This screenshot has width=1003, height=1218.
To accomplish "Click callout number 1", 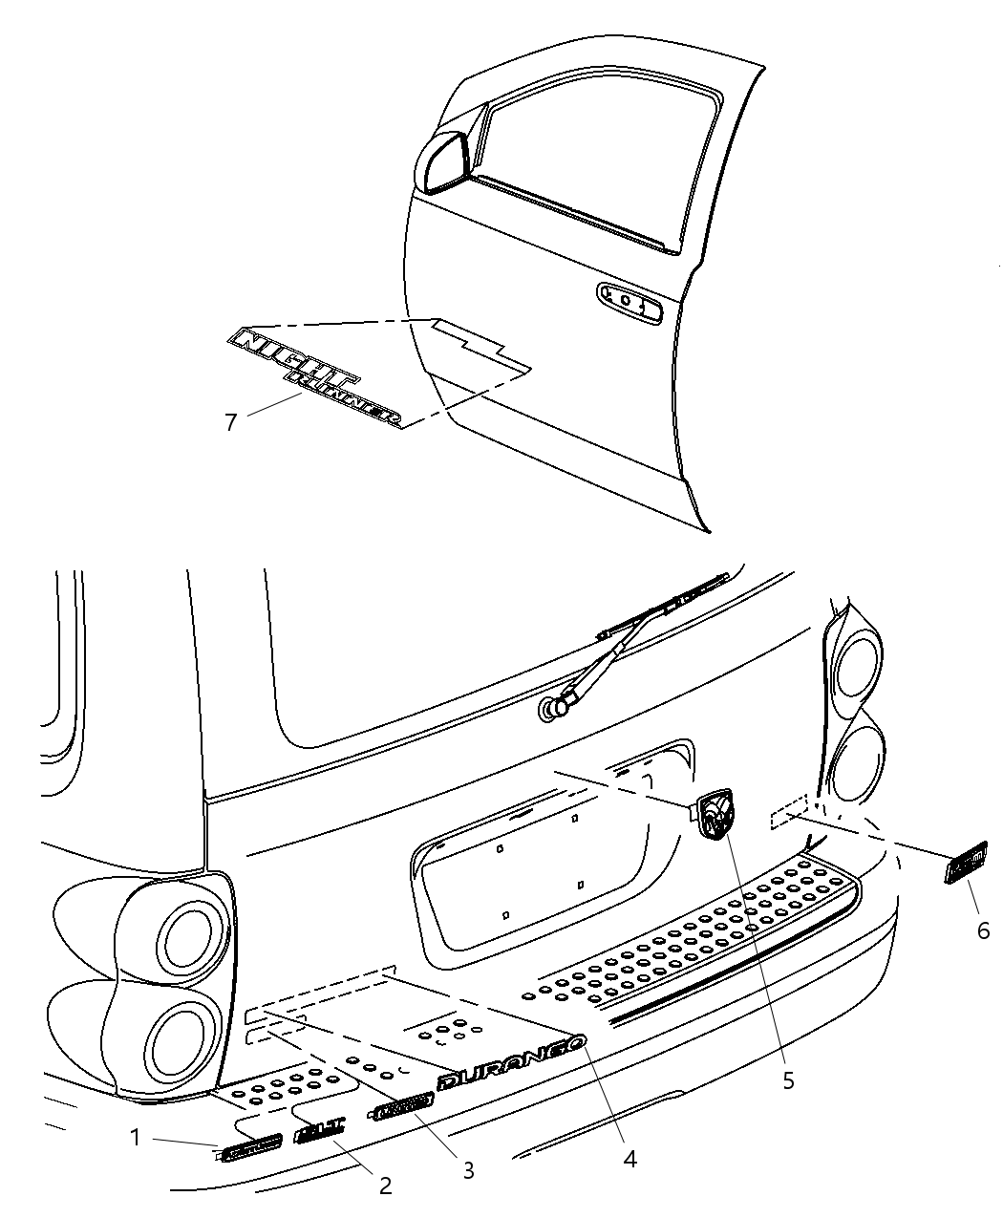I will click(136, 1138).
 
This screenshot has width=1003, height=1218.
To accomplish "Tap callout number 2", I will click(385, 1186).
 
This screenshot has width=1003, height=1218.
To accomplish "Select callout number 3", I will click(468, 1169).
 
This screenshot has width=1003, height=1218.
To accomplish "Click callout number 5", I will click(788, 1080).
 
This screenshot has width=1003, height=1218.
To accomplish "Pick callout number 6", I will click(983, 929).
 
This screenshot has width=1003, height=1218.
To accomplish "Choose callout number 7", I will click(230, 421).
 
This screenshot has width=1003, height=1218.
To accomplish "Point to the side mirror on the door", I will click(441, 162).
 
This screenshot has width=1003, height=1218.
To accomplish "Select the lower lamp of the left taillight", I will click(185, 1038).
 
